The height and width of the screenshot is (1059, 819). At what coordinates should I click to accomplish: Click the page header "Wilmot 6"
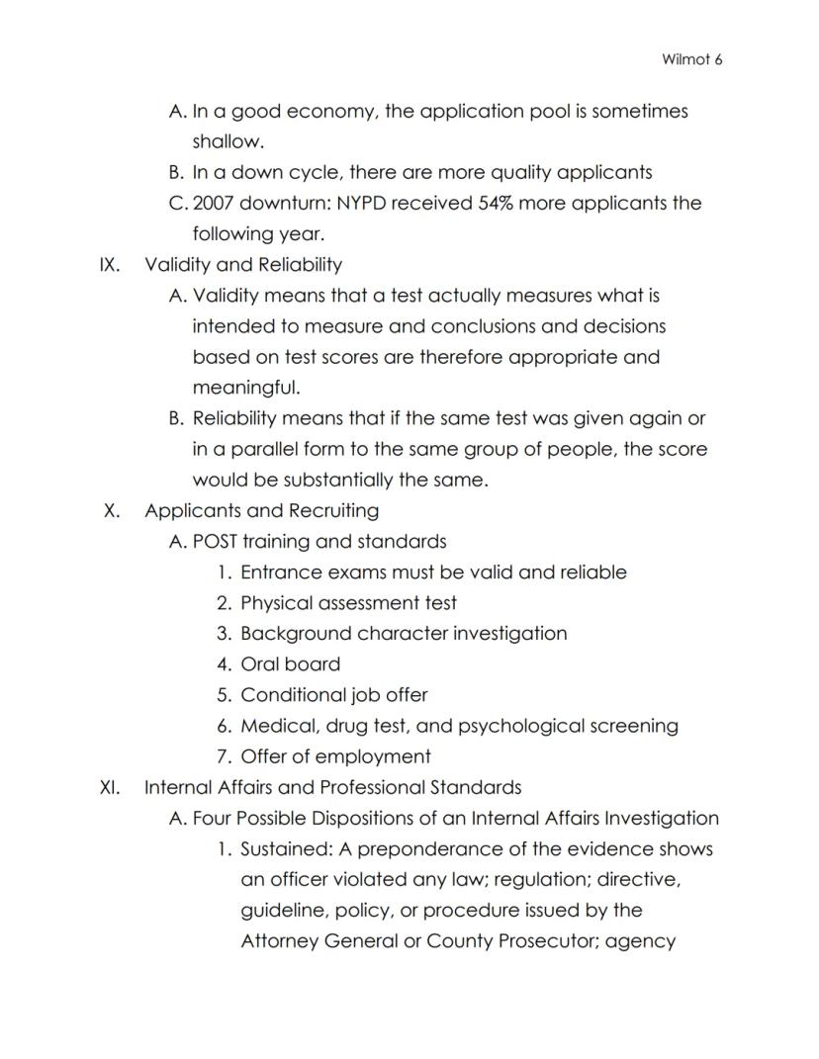pos(692,59)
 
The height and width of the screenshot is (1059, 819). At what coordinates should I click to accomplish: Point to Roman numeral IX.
pos(110,265)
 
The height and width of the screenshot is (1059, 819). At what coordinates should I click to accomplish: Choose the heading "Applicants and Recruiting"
pos(261,511)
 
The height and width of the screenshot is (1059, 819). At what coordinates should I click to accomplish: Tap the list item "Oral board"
pos(290,664)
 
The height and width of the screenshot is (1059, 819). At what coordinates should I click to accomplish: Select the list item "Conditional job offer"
pos(333,695)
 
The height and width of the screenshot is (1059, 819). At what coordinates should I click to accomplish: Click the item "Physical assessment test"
pos(348,603)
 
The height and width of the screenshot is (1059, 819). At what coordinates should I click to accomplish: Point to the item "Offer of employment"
pos(335,757)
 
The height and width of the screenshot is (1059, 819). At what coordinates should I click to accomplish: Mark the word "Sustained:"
pos(286,849)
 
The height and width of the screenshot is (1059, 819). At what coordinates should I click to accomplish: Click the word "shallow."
pos(227,141)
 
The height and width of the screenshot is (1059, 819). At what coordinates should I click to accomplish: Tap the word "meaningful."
pos(245,388)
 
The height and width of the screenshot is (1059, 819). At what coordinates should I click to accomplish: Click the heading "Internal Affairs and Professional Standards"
pos(332,788)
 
